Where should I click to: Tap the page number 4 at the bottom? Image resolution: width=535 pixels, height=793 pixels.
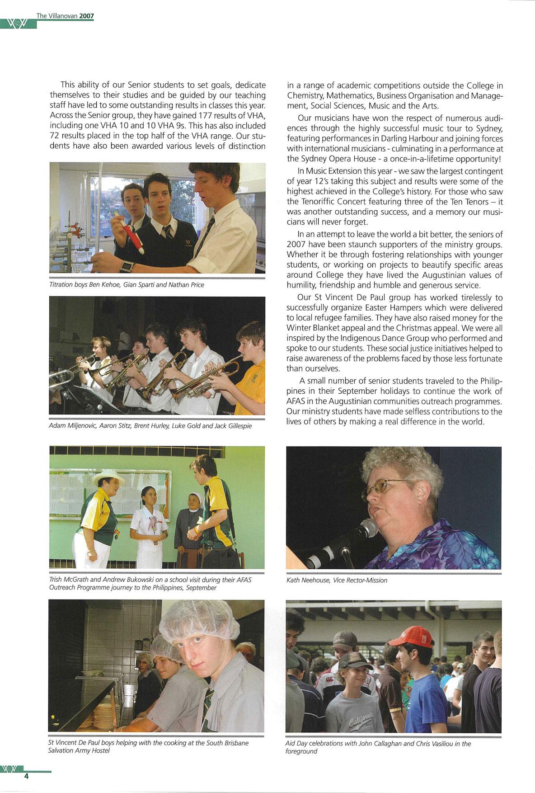tap(26, 777)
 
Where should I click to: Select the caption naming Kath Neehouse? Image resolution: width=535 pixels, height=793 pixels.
tap(337, 580)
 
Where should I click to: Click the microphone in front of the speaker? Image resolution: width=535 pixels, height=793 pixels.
tap(366, 528)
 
